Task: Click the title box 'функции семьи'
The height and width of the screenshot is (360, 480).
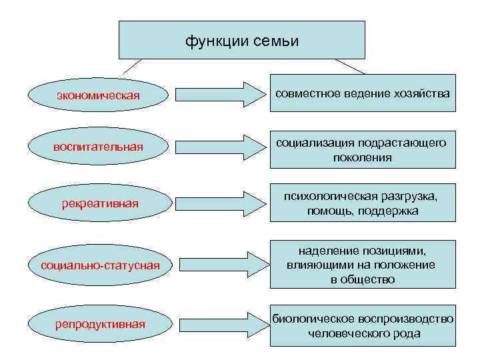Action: click(242, 40)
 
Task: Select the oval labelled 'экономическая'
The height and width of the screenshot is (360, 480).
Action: click(99, 95)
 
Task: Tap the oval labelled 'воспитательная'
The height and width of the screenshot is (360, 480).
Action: click(99, 146)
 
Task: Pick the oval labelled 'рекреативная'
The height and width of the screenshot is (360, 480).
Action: click(99, 203)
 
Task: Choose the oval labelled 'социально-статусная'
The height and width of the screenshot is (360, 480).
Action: click(99, 266)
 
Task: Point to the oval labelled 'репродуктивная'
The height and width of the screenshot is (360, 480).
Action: click(99, 325)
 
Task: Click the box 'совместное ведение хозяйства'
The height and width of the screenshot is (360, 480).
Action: click(363, 93)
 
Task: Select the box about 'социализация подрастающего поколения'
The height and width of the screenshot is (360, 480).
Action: click(363, 150)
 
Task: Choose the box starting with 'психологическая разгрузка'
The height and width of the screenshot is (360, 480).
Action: click(363, 203)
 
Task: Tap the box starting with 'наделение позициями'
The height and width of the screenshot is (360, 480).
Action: click(363, 264)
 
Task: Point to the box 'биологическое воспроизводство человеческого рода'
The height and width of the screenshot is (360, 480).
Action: click(363, 326)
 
